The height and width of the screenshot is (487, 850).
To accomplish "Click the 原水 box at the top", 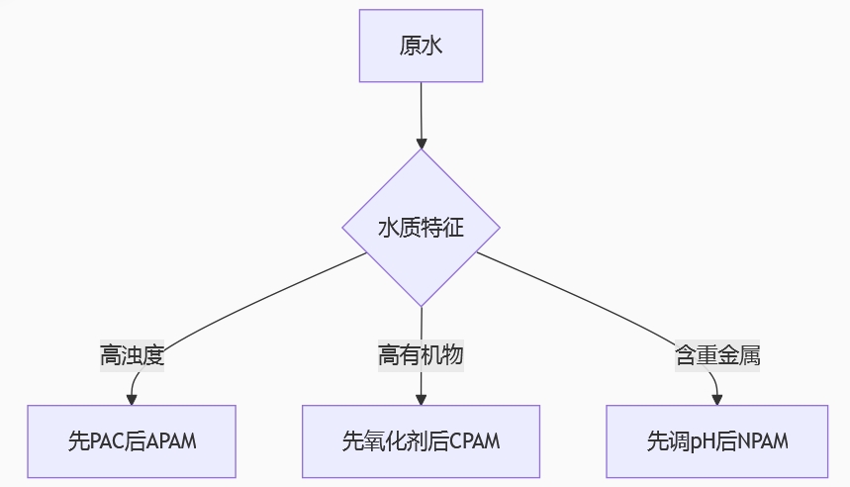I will coord(421,46).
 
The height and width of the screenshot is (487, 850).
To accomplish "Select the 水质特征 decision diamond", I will coord(421,228).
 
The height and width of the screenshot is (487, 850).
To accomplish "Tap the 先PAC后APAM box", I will coord(132,440).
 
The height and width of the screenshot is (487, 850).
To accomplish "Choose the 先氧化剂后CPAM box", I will coord(421,440).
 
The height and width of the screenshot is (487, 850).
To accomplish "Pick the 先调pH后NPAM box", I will coord(717,440).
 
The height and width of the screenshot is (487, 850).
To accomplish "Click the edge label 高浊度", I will coord(132,355).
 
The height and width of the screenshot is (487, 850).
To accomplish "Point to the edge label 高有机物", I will coord(421,355).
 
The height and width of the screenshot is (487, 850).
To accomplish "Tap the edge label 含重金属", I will coord(717,355).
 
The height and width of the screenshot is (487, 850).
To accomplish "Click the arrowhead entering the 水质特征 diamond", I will coord(422,142).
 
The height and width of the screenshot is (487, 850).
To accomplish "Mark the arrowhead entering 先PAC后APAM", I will coord(132,399).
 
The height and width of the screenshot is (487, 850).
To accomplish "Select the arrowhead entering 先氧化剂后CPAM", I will coord(421,399).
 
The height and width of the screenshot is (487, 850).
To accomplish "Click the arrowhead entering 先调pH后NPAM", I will coord(717,399).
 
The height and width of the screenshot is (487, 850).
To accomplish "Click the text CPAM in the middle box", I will coord(475,441).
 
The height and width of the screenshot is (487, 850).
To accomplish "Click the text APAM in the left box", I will coord(171,441).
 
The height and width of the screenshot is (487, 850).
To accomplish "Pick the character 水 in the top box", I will coord(432,46).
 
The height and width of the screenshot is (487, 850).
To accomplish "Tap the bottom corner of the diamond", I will coord(422,305).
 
